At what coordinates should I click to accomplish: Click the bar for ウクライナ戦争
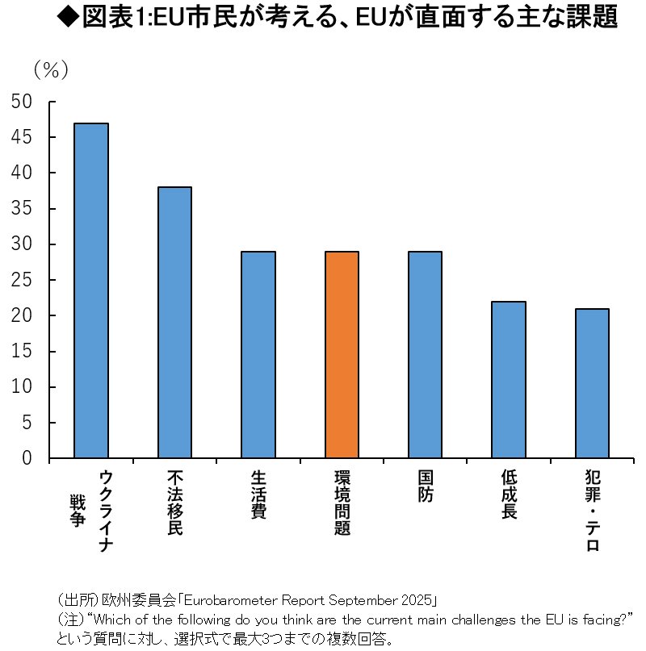point(91,290)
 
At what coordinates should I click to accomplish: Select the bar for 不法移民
point(174,323)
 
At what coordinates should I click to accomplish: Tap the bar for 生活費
point(258,355)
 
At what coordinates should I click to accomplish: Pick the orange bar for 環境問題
point(342,355)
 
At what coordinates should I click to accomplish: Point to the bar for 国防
point(425,355)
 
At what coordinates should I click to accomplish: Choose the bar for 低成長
point(509,380)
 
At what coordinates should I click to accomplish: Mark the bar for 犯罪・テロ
point(592,383)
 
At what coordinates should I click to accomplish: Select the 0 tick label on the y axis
point(27,458)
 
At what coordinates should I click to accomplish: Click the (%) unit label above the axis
point(51,70)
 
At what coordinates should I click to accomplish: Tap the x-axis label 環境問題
point(342,504)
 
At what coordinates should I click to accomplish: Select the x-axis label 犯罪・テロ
point(592,511)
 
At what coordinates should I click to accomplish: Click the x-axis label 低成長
point(509,495)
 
